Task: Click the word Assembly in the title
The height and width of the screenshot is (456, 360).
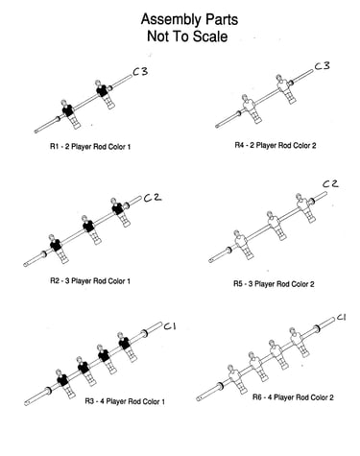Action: tap(171, 20)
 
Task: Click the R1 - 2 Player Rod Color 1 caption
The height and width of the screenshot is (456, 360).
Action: tap(90, 147)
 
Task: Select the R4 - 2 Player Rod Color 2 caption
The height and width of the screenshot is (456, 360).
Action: tap(276, 146)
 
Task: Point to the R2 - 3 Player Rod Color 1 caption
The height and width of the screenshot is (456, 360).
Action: tap(90, 281)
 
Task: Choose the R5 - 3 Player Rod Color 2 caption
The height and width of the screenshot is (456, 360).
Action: tap(274, 284)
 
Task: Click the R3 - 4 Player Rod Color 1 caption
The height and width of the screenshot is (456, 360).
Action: tap(125, 401)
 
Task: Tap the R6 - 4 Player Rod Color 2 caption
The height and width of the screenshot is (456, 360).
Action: tap(293, 397)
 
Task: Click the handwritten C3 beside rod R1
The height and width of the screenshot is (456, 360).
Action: tap(140, 71)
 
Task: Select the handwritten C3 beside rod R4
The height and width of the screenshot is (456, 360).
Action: tap(322, 66)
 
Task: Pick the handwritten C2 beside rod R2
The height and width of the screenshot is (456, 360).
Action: tap(153, 198)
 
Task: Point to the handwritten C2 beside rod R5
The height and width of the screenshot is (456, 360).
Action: tap(330, 183)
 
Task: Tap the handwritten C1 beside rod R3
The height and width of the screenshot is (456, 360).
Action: tap(170, 326)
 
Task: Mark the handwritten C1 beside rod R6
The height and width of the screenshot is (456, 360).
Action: tap(341, 318)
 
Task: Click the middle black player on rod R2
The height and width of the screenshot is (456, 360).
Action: tap(90, 229)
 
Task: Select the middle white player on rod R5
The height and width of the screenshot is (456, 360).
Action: tap(276, 226)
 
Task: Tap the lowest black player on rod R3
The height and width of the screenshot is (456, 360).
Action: tap(65, 383)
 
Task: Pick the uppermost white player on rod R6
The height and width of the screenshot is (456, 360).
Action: tap(299, 342)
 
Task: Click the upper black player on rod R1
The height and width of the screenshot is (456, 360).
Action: tap(105, 94)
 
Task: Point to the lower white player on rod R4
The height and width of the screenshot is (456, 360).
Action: tap(252, 108)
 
